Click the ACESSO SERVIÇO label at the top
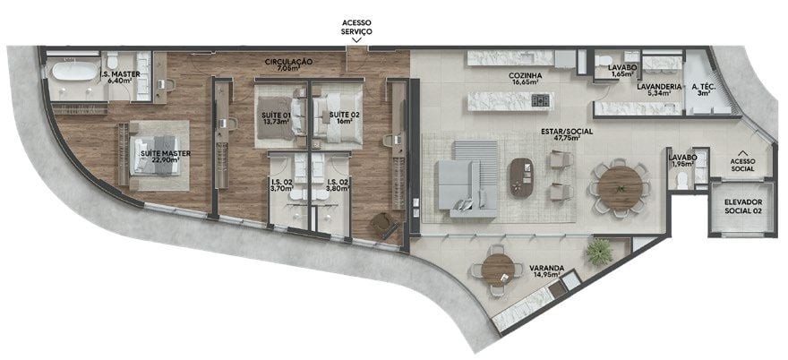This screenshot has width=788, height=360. [357, 26]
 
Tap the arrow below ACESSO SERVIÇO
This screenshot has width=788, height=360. [357, 40]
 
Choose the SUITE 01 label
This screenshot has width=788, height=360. [277, 119]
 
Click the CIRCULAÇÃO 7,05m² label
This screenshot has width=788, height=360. [287, 64]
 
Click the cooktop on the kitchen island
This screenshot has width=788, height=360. [540, 100]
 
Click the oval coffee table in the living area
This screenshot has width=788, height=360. [518, 176]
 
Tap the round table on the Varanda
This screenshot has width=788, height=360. [497, 268]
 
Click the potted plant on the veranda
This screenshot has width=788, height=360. [598, 251]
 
